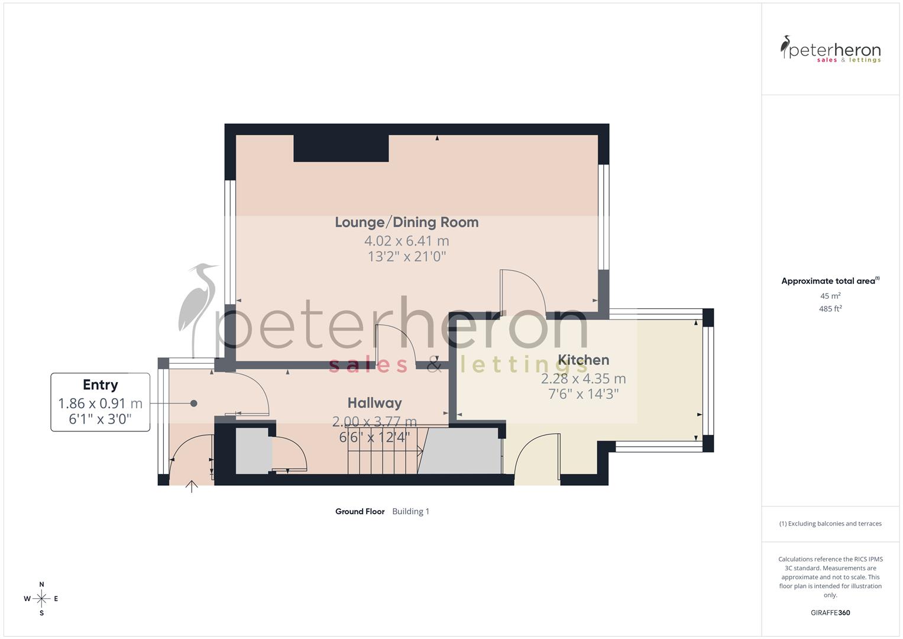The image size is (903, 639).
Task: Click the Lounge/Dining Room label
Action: click(x=406, y=222)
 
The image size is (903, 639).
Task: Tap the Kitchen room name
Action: click(x=583, y=360)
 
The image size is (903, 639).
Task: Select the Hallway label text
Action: click(x=374, y=403)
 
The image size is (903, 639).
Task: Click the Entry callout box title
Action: click(x=100, y=385)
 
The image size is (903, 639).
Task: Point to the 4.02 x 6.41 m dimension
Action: click(x=406, y=241)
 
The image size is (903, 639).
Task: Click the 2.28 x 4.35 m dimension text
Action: click(x=583, y=379)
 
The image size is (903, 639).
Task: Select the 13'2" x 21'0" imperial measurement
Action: click(x=406, y=256)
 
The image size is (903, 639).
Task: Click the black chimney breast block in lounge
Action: click(x=341, y=149)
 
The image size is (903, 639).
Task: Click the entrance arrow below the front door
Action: click(x=192, y=488)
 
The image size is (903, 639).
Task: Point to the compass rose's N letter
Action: click(x=41, y=584)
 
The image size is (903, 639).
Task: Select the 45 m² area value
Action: click(x=830, y=296)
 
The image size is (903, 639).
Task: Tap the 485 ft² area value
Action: click(x=830, y=309)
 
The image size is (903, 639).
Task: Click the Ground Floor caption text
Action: click(x=360, y=511)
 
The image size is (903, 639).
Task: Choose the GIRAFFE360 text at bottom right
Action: click(x=830, y=612)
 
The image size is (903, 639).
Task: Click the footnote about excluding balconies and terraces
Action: click(x=830, y=524)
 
